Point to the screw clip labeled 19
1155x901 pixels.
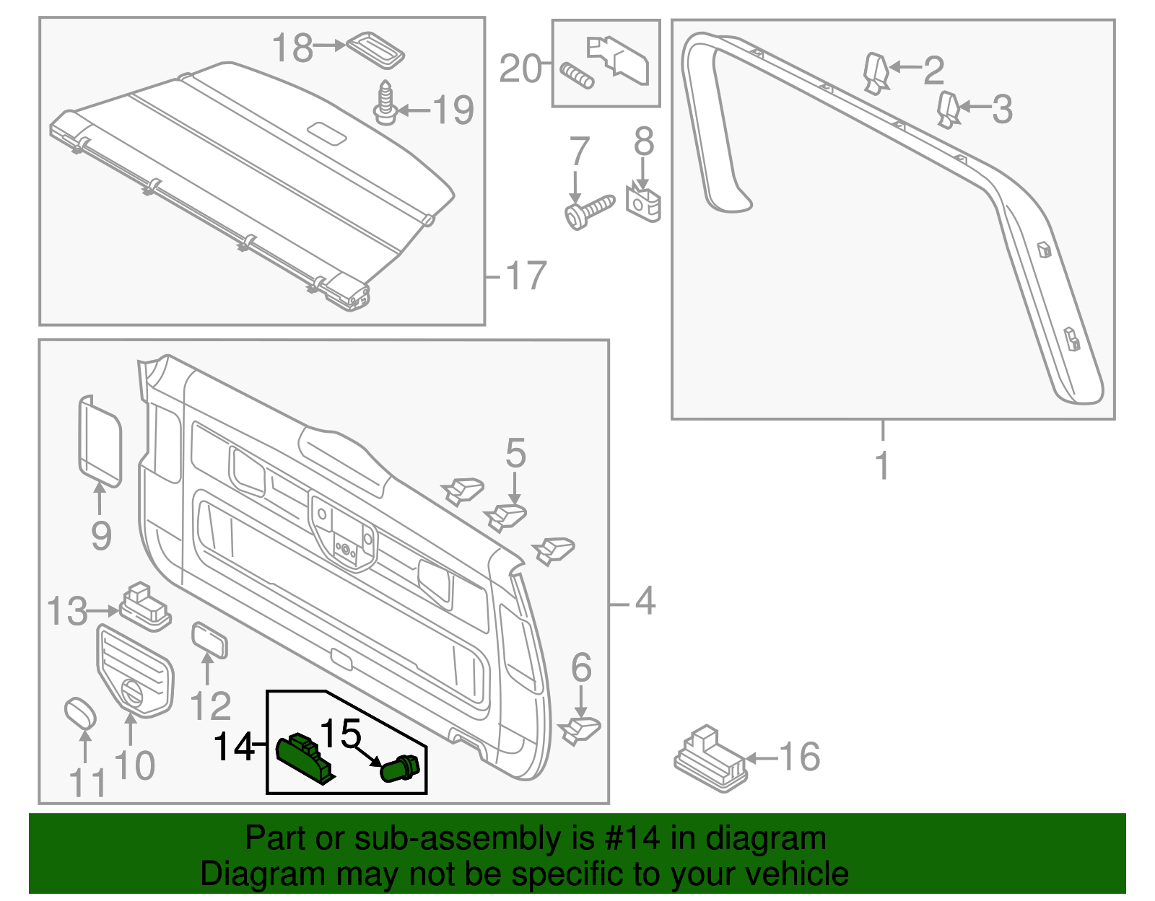click(385, 102)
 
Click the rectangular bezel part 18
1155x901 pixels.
click(375, 49)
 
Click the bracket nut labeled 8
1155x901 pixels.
click(643, 203)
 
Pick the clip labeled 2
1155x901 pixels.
click(876, 73)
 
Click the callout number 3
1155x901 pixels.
click(1002, 109)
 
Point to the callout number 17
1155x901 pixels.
click(526, 276)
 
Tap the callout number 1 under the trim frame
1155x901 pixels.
click(882, 465)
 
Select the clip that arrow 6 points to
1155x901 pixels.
click(580, 730)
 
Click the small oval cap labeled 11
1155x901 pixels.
click(80, 713)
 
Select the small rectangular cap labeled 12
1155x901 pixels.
click(209, 640)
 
